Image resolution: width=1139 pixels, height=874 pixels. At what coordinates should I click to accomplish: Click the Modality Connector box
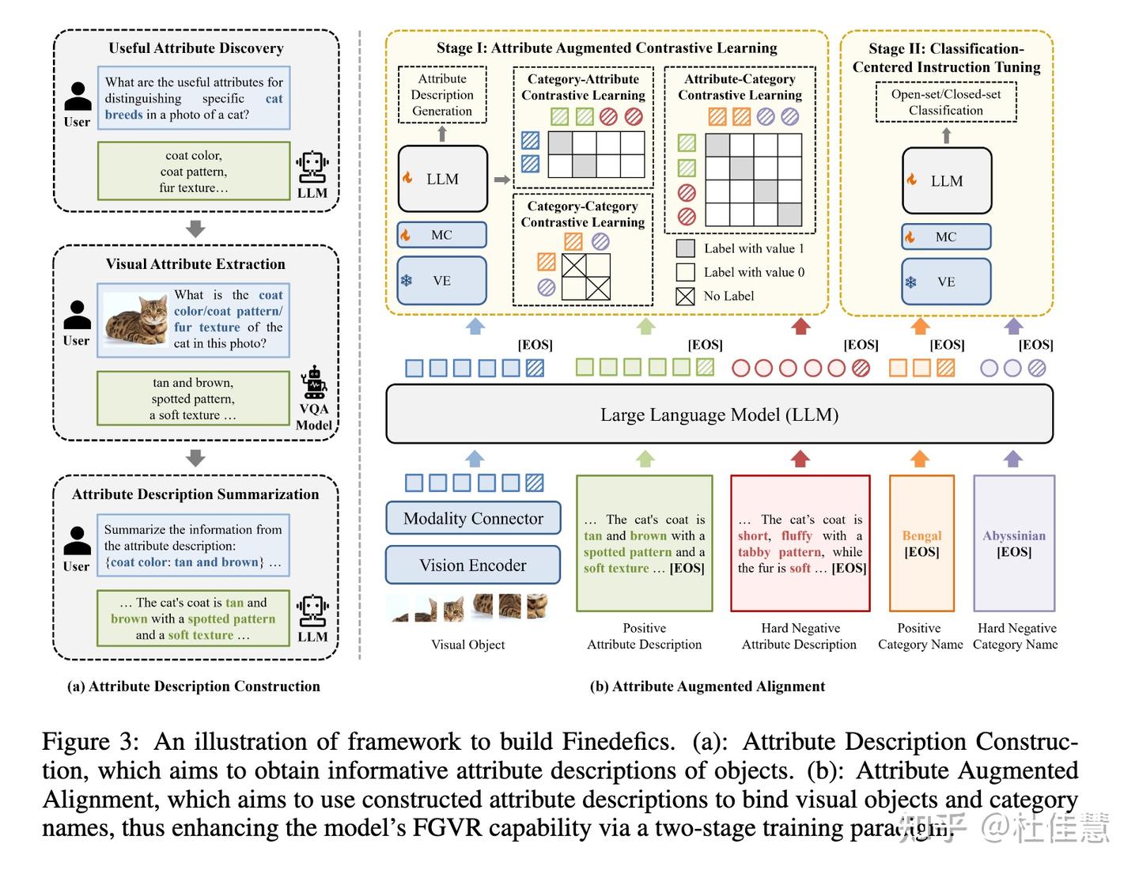473,518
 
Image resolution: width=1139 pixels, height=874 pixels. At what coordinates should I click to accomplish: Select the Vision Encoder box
473,565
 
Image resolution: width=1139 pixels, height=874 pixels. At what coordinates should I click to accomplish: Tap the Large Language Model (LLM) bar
719,414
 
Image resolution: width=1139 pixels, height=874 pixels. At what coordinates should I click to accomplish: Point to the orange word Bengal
921,535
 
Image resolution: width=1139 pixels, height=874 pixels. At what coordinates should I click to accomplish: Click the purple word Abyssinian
1014,535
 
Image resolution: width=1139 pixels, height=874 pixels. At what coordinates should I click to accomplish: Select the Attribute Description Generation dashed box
441,95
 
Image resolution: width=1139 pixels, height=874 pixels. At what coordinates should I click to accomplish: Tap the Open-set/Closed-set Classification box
945,102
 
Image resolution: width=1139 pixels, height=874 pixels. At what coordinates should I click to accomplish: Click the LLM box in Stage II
946,180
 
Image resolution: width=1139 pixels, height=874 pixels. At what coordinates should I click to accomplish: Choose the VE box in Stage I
441,281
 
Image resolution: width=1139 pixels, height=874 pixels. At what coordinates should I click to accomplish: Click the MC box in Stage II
946,236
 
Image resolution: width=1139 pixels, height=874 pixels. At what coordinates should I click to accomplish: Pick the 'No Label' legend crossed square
686,296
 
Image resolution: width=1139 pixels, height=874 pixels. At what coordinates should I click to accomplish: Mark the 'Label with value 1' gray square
686,248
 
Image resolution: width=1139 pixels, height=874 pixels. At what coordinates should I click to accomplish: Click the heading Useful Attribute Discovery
196,48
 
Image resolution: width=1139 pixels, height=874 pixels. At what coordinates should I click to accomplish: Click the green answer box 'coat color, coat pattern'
194,172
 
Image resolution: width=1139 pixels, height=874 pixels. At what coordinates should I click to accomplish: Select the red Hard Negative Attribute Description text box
800,543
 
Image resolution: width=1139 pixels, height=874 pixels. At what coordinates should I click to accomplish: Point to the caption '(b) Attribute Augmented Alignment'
707,686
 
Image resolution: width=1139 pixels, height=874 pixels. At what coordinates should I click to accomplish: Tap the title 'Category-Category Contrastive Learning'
582,214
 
